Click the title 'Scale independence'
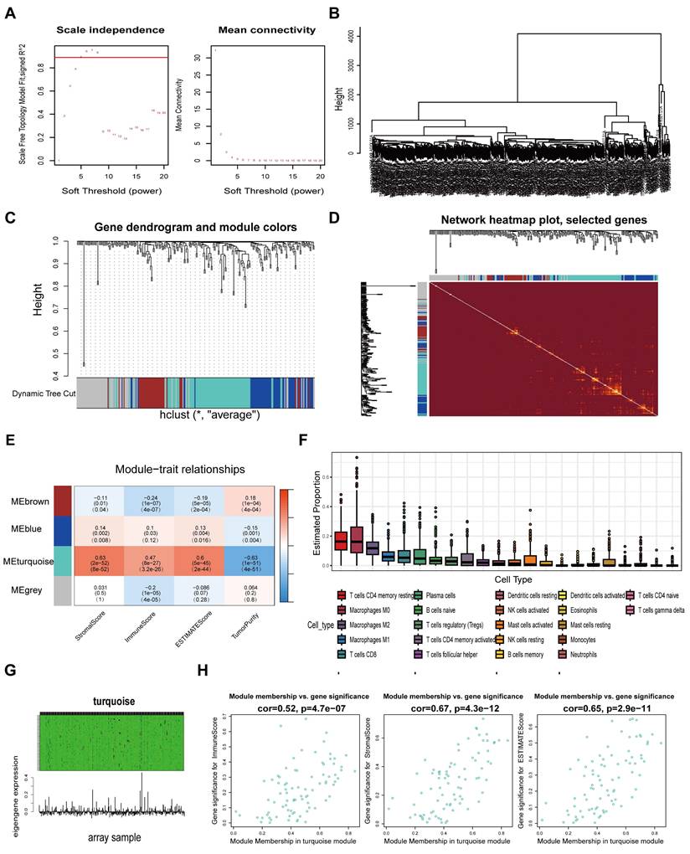(x=110, y=30)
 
